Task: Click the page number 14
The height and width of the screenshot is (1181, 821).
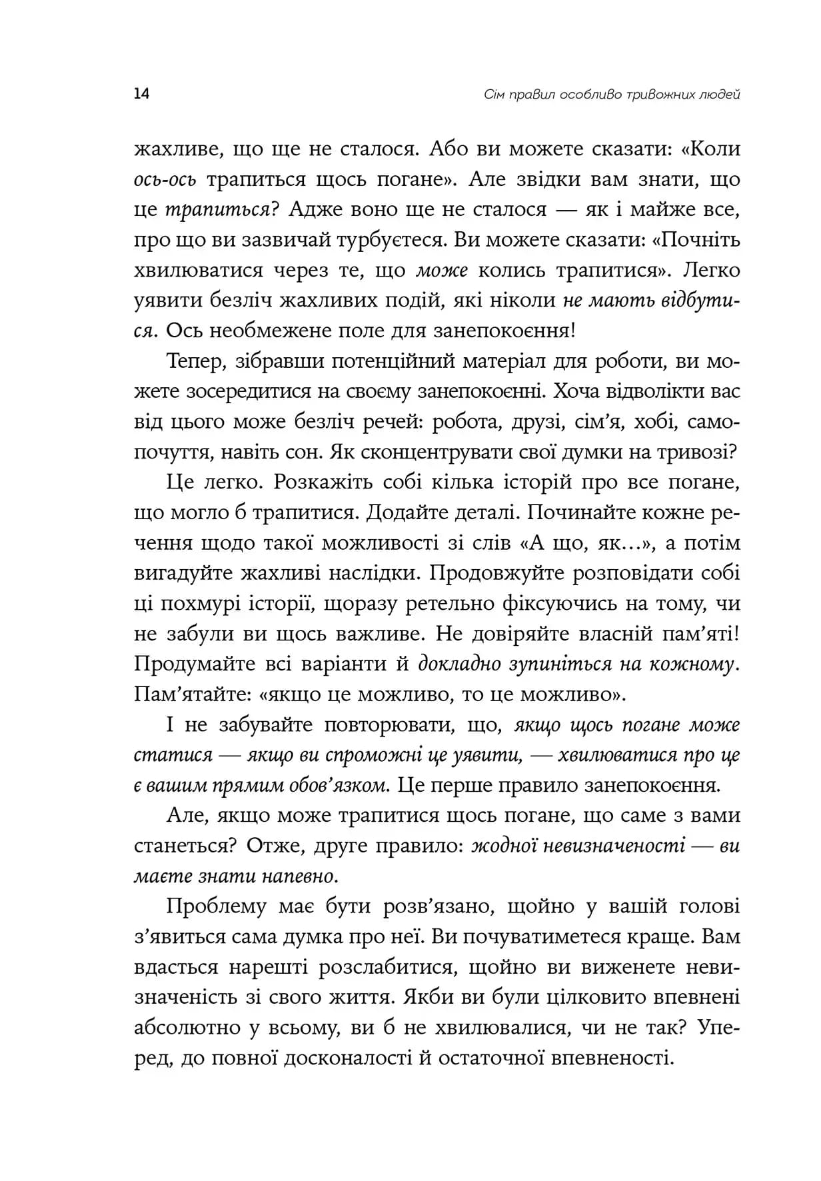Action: click(x=141, y=93)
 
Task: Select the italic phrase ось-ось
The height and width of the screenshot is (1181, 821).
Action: click(x=165, y=180)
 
